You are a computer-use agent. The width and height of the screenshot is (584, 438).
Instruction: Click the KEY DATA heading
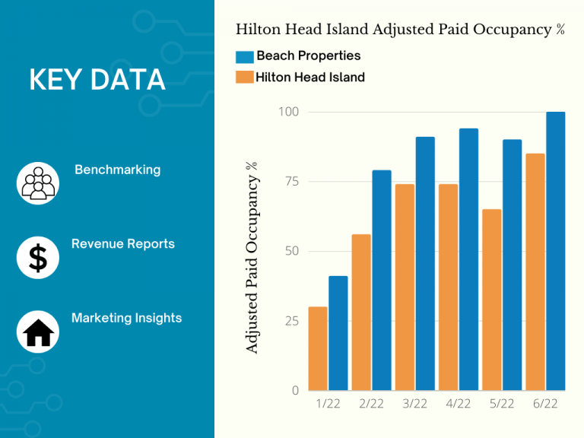pyautogui.click(x=97, y=79)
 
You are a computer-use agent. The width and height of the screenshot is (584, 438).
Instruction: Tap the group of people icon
pyautogui.click(x=37, y=183)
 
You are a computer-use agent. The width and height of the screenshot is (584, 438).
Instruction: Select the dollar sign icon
pyautogui.click(x=37, y=258)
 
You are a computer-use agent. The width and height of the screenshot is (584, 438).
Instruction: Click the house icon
pyautogui.click(x=37, y=332)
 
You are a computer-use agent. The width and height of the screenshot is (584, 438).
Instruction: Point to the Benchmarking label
pyautogui.click(x=117, y=170)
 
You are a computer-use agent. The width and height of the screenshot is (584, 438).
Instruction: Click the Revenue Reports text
pyautogui.click(x=122, y=244)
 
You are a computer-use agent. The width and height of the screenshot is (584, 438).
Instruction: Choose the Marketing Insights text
pyautogui.click(x=126, y=318)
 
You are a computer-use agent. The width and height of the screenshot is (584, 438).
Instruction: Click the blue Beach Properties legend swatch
pyautogui.click(x=244, y=56)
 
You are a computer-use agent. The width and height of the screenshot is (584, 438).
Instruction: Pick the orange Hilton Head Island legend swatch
pyautogui.click(x=244, y=77)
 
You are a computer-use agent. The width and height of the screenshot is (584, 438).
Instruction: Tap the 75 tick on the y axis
pyautogui.click(x=290, y=182)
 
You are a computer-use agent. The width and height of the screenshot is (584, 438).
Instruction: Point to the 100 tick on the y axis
pyautogui.click(x=288, y=113)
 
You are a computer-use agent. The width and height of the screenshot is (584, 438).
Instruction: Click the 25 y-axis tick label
pyautogui.click(x=290, y=321)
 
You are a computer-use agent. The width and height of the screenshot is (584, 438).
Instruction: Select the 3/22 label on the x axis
pyautogui.click(x=414, y=404)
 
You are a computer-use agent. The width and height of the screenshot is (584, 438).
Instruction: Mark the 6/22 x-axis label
pyautogui.click(x=545, y=404)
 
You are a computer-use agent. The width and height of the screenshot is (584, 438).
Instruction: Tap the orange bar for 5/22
pyautogui.click(x=492, y=300)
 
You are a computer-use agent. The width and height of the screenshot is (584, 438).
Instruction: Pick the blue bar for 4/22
pyautogui.click(x=468, y=259)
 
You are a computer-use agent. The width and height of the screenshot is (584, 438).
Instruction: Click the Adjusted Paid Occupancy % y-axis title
pyautogui.click(x=252, y=256)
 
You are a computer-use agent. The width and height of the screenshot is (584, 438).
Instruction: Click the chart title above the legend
pyautogui.click(x=400, y=30)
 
